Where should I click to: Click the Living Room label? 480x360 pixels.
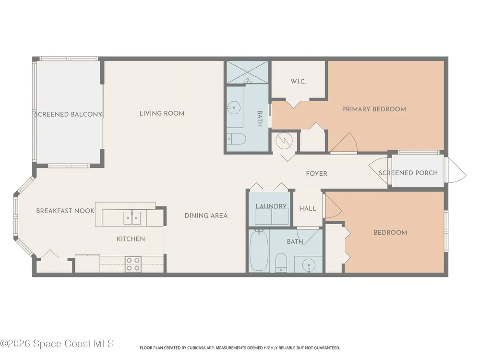(x=162, y=113)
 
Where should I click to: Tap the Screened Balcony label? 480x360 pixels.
(x=68, y=114)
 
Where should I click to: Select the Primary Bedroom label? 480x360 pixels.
(x=374, y=109)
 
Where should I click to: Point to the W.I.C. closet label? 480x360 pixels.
(x=298, y=82)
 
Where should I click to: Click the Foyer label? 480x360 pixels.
(x=316, y=174)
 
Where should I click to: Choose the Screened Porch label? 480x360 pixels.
(x=408, y=173)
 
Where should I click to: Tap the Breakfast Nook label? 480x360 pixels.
(x=65, y=211)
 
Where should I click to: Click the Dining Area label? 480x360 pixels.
(x=206, y=216)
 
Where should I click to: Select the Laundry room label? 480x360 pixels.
(x=271, y=206)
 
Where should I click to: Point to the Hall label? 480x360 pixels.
(x=308, y=208)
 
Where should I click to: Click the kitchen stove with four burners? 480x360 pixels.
(x=133, y=264)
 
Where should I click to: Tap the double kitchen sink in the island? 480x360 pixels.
(x=132, y=217)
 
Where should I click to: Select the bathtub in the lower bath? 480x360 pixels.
(x=259, y=251)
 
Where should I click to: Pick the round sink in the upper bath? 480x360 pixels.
(x=234, y=108)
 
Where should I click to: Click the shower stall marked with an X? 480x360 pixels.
(x=247, y=72)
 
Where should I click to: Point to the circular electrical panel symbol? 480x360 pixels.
(x=284, y=141)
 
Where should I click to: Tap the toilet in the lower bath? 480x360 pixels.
(x=281, y=263)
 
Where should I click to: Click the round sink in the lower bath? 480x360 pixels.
(x=309, y=264)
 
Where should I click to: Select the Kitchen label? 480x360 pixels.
(x=131, y=239)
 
